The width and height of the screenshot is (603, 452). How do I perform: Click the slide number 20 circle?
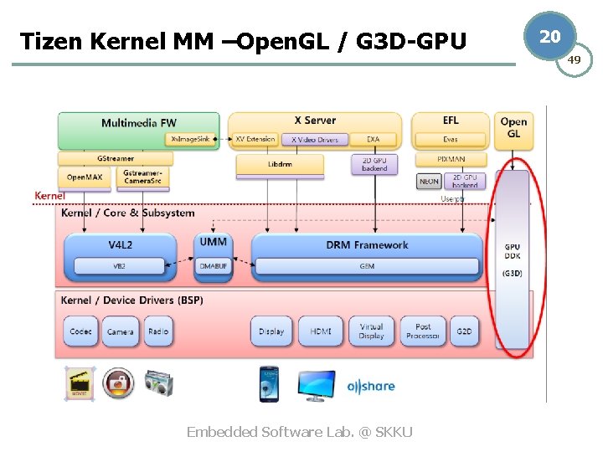[x=549, y=36]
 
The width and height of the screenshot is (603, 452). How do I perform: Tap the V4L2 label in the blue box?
[x=120, y=245]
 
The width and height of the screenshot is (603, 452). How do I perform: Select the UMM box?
[x=213, y=242]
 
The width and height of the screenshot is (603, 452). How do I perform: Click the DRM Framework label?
[x=367, y=245]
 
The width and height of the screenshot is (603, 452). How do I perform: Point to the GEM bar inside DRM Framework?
[x=367, y=266]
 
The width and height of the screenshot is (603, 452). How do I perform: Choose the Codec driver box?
[x=81, y=331]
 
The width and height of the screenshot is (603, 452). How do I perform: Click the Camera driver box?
[x=120, y=331]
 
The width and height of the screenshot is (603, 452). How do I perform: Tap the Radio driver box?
[x=157, y=331]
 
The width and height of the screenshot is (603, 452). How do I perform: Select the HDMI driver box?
[x=321, y=331]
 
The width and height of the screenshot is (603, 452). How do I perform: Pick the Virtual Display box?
[x=371, y=331]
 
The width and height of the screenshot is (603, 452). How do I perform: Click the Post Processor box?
[x=423, y=331]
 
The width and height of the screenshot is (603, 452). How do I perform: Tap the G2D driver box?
[x=464, y=331]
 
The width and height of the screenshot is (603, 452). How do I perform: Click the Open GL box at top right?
[x=513, y=128]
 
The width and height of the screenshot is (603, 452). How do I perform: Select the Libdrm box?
[x=279, y=166]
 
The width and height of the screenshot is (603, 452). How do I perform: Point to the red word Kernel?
[x=49, y=196]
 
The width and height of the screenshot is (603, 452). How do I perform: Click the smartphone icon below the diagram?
[x=269, y=384]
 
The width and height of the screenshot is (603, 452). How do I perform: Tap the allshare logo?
[x=371, y=386]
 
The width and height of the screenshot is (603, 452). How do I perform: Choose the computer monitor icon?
[x=317, y=385]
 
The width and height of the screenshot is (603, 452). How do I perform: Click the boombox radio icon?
[x=158, y=384]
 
